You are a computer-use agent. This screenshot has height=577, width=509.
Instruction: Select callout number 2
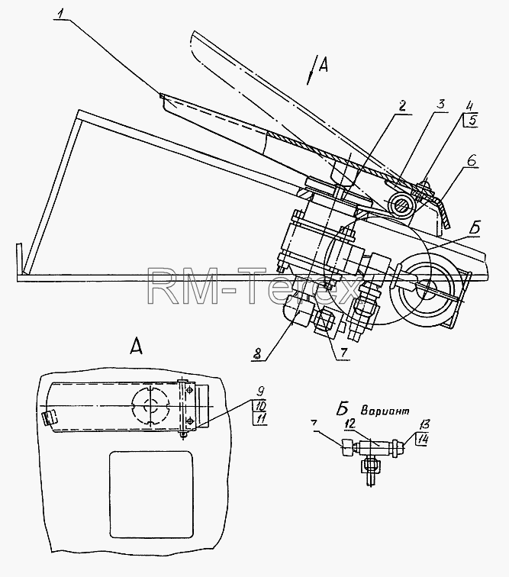401,106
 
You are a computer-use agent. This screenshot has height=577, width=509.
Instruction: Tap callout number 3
440,104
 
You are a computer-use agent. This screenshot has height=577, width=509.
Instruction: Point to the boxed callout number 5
470,121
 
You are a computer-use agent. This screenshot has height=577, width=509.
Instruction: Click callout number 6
472,161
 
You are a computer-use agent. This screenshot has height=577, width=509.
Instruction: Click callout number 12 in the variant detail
350,424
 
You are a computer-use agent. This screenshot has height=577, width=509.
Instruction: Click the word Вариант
385,411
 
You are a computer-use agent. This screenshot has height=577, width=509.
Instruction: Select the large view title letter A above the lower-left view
136,347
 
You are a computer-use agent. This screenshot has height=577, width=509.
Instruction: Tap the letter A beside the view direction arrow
323,66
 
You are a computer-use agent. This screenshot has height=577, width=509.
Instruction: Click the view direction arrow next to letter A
311,70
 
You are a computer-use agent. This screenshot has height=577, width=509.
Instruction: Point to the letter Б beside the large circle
475,228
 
